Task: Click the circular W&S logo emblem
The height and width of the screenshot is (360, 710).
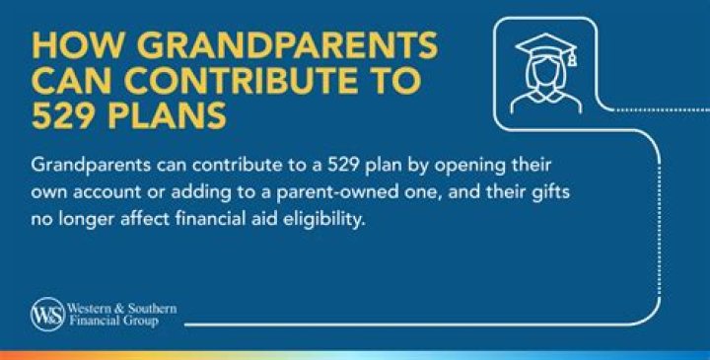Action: click(46, 314)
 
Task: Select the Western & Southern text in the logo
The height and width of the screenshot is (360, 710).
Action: click(121, 309)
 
